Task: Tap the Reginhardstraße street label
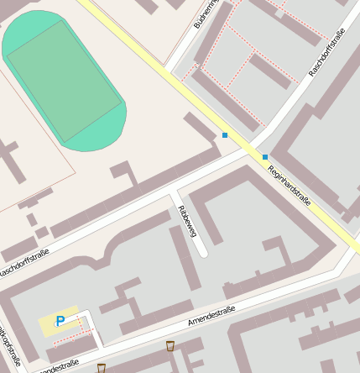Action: point(290,185)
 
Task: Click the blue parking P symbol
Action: point(60,321)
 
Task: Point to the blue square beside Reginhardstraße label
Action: point(265,157)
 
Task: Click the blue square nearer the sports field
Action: point(225,134)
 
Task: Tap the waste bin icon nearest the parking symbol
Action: point(102,368)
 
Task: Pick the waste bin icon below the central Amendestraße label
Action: point(170,345)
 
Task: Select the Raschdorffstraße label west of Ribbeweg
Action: point(25,263)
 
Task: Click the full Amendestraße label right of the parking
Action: point(211,317)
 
